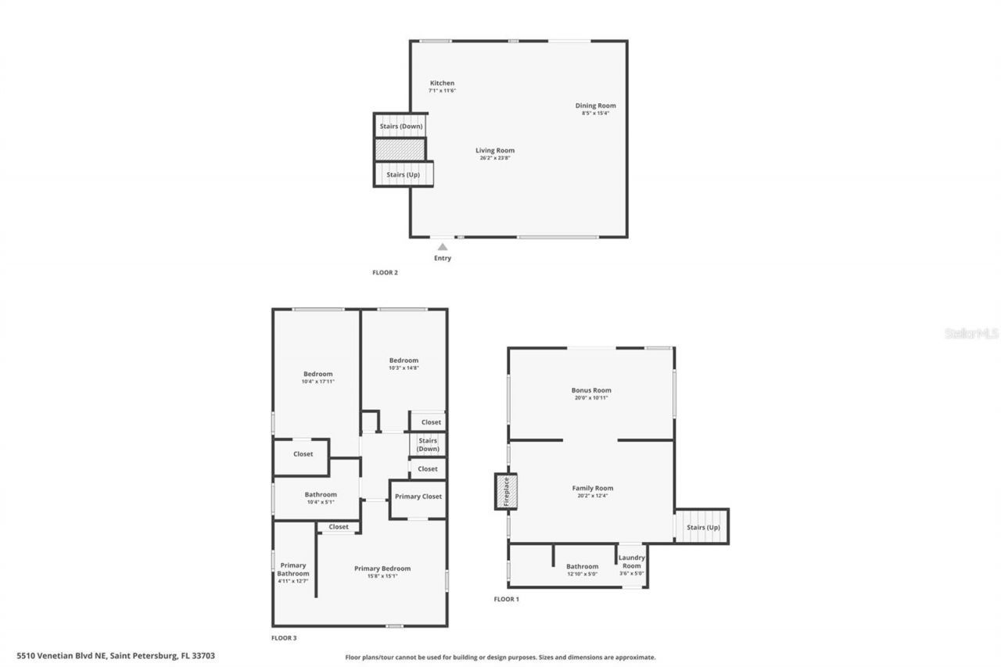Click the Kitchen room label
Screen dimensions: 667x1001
[x=442, y=83]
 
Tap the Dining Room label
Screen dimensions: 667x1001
[x=595, y=106]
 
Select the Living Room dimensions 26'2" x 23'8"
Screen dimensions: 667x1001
[x=495, y=158]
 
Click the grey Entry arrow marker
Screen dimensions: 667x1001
[x=443, y=247]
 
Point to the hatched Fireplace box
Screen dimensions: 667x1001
[x=506, y=491]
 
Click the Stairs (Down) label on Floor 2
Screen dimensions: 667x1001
[x=401, y=126]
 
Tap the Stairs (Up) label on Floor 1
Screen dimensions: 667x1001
[x=702, y=527]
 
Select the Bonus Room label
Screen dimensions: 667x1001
[x=591, y=389]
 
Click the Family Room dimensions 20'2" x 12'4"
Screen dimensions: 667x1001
[x=592, y=496]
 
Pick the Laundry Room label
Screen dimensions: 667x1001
[x=631, y=561]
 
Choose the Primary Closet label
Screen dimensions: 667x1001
[x=418, y=497]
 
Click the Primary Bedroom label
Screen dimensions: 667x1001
[x=382, y=568]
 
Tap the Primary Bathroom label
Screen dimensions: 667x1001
[x=292, y=569]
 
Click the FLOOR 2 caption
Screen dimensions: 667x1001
[x=385, y=273]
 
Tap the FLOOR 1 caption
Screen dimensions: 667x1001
[x=506, y=599]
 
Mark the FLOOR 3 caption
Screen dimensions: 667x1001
[x=284, y=638]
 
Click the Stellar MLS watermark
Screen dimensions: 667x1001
[x=971, y=333]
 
